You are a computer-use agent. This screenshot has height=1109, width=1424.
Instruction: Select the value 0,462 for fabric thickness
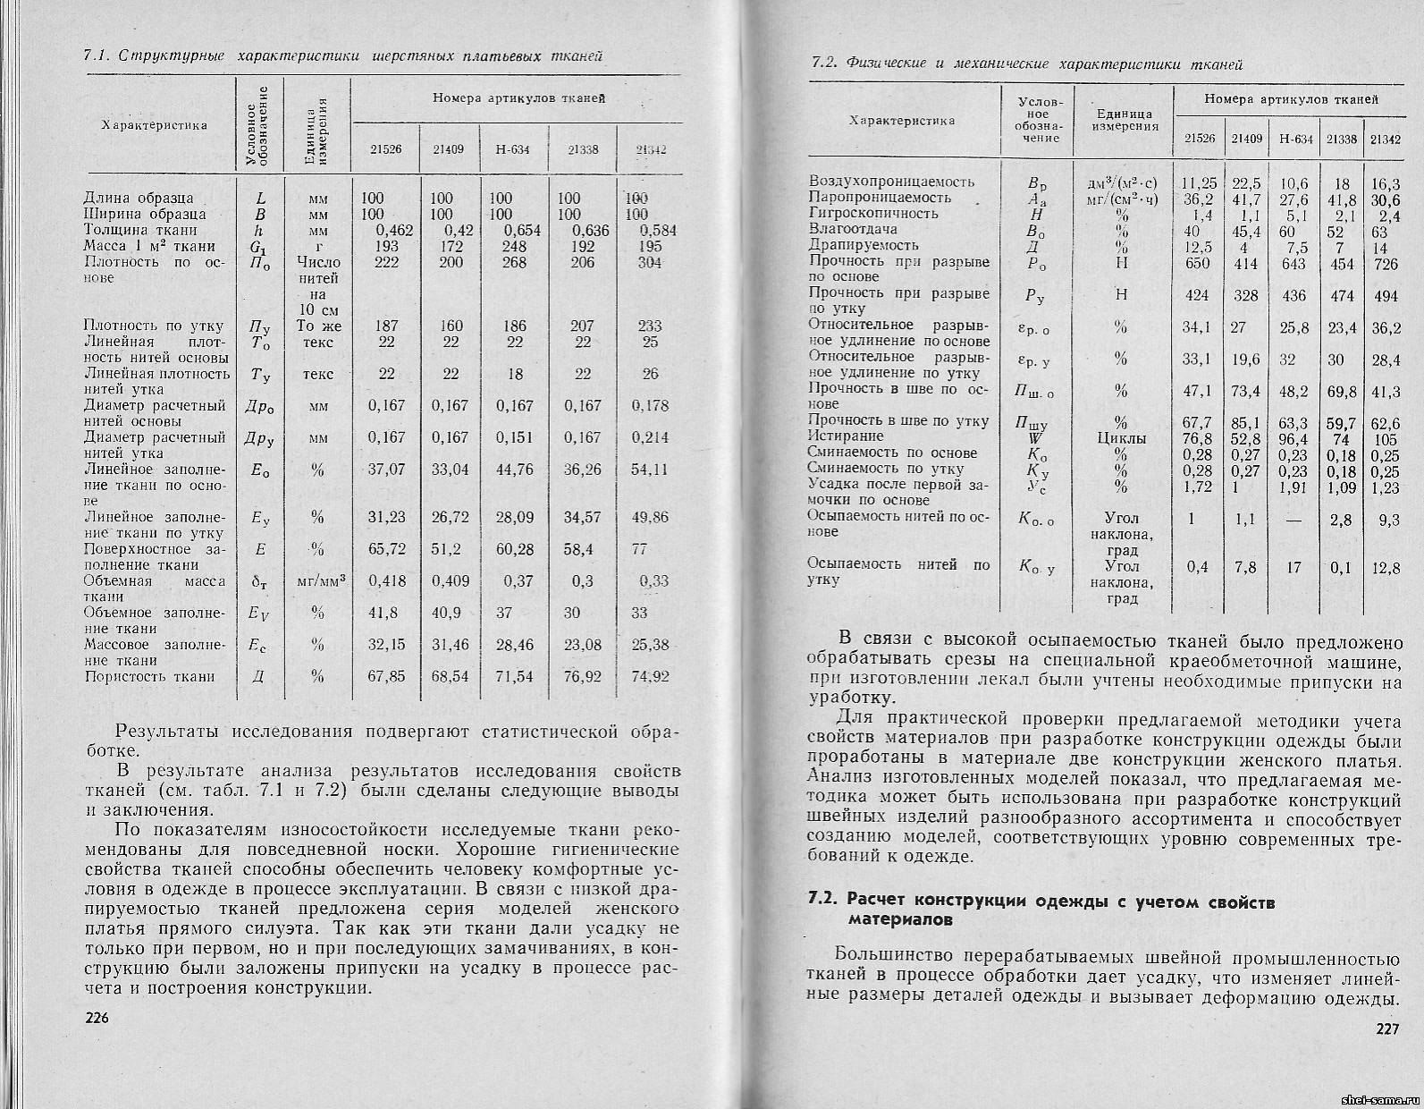click(x=392, y=231)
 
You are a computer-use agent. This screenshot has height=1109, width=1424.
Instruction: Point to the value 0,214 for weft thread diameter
click(x=649, y=437)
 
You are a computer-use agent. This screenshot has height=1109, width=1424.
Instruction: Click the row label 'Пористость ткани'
click(x=150, y=676)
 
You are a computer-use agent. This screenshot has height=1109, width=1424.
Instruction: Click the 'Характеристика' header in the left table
click(x=154, y=125)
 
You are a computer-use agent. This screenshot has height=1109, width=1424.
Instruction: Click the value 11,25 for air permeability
click(x=1199, y=182)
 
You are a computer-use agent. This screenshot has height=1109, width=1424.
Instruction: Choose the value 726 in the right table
click(x=1385, y=264)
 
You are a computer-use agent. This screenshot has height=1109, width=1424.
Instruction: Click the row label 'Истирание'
click(x=846, y=436)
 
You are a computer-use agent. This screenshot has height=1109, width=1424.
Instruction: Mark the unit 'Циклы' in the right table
click(x=1121, y=438)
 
